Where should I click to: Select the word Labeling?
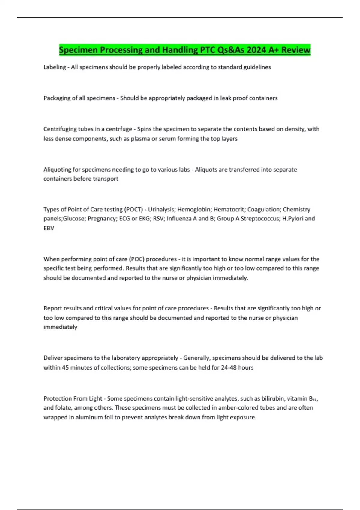click(55, 67)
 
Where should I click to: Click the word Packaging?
click(57, 98)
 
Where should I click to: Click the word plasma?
click(140, 139)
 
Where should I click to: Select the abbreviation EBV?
click(49, 228)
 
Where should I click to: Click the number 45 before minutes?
click(65, 367)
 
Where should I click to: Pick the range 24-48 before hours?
click(229, 367)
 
